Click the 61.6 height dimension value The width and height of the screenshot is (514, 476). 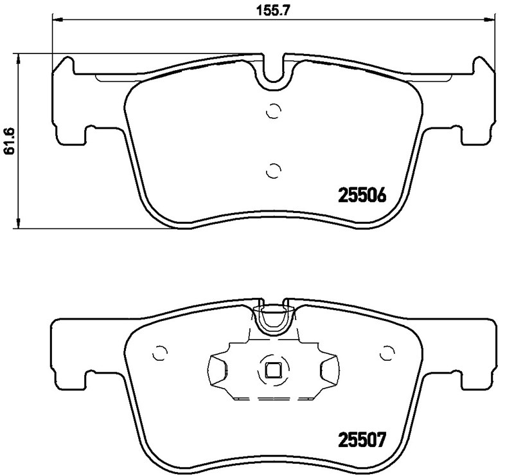click(x=9, y=140)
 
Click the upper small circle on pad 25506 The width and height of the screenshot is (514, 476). click(x=274, y=111)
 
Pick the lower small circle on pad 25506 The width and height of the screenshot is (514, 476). click(x=274, y=170)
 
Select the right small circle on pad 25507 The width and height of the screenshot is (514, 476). click(x=387, y=353)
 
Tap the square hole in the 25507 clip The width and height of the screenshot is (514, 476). click(x=273, y=370)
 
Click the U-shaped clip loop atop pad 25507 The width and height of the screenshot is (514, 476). click(x=274, y=320)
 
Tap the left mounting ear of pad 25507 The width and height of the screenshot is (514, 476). click(x=68, y=351)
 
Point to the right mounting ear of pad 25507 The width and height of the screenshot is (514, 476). click(x=479, y=351)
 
